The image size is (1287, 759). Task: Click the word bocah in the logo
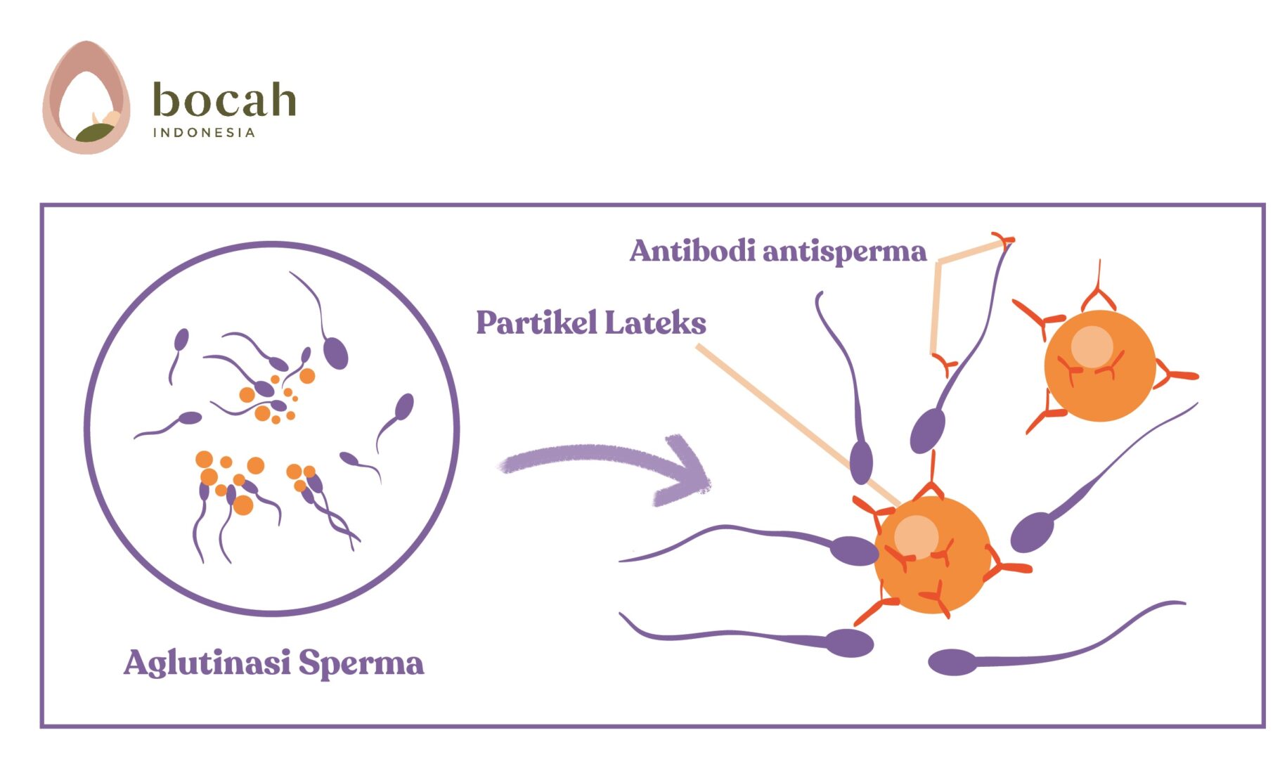[224, 100]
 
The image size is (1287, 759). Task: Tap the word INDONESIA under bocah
[204, 133]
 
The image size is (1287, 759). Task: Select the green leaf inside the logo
[94, 132]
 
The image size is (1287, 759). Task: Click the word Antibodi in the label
[692, 251]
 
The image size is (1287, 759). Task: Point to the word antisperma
[844, 252]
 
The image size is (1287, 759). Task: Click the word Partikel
[536, 323]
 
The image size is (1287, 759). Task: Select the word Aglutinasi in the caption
[207, 662]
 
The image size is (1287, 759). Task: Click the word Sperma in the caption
[361, 663]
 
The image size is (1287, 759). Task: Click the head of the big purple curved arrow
[685, 471]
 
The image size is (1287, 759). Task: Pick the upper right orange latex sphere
[1099, 366]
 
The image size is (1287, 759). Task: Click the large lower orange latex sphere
[932, 555]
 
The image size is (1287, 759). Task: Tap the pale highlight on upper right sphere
[1092, 346]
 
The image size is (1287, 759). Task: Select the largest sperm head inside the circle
[335, 352]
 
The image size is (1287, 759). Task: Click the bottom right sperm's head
[952, 662]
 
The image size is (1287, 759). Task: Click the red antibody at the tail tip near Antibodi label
[1004, 241]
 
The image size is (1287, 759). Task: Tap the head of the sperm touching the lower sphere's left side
[853, 550]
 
